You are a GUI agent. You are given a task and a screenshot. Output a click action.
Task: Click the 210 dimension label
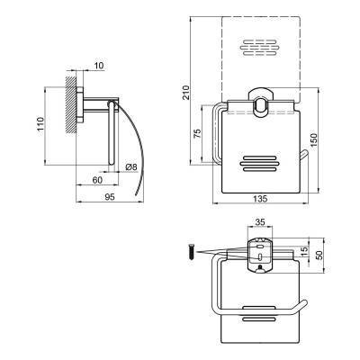186,93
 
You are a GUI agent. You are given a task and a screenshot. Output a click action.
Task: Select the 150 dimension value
313,139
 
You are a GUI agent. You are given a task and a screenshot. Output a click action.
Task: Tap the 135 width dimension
260,199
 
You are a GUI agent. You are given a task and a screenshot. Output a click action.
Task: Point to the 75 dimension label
197,133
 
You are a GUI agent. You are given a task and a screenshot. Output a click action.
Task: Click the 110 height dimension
40,124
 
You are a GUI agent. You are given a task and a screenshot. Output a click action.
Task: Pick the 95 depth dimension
110,197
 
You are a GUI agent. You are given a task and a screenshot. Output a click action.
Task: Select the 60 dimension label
97,180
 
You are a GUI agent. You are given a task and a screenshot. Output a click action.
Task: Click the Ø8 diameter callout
131,167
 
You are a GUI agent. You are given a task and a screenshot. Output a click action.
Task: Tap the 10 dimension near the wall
98,66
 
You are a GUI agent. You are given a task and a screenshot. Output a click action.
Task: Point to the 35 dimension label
260,222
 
